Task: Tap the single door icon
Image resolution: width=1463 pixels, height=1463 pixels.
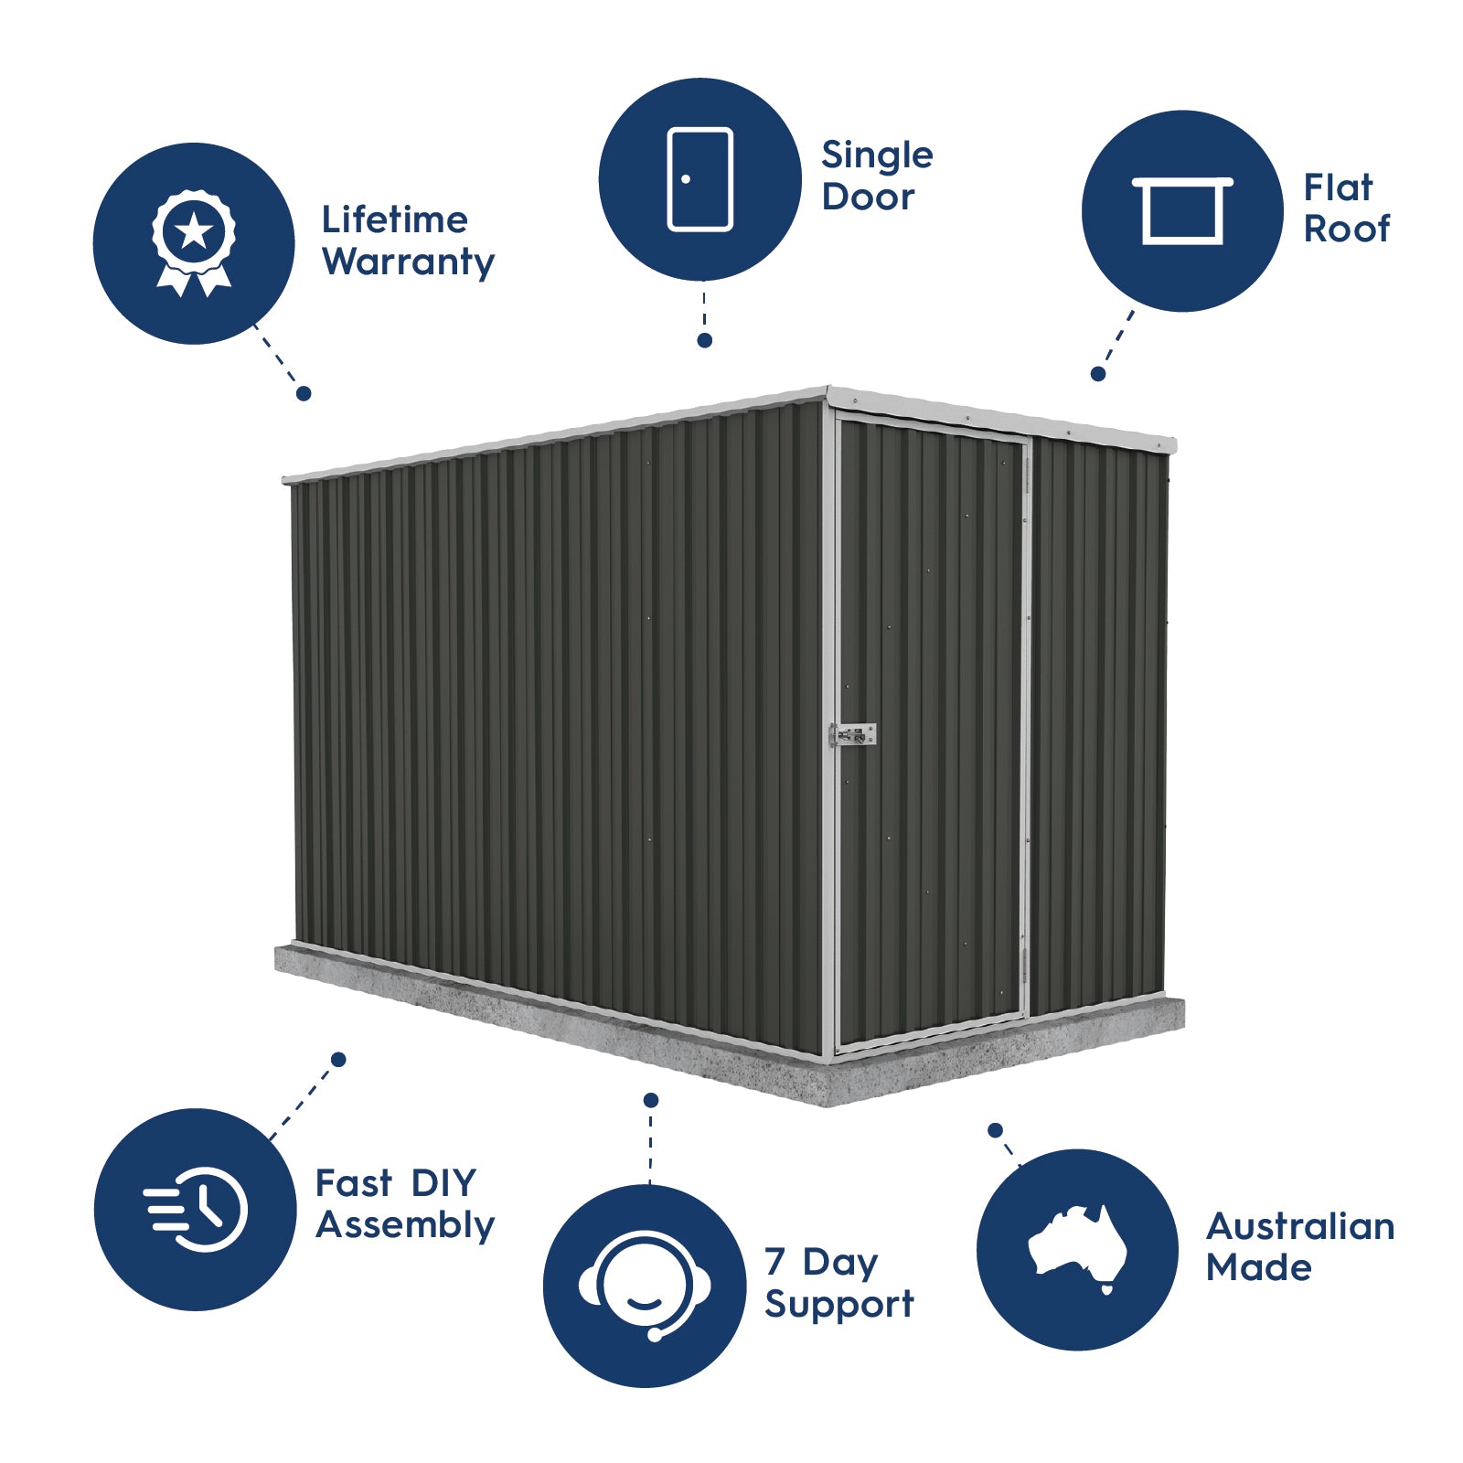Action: [x=700, y=179]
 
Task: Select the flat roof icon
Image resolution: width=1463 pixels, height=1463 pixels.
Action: [x=1182, y=210]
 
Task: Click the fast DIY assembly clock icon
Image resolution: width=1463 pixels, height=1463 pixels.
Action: [x=196, y=1209]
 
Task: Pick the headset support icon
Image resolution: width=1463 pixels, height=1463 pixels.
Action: [x=645, y=1285]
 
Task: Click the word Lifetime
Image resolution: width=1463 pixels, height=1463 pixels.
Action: [x=394, y=219]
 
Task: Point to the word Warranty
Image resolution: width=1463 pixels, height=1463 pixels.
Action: [x=408, y=262]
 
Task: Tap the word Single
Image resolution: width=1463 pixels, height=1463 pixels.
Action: [x=877, y=156]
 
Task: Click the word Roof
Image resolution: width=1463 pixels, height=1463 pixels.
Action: [x=1346, y=229]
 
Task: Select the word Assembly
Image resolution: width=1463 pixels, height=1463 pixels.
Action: [x=405, y=1225]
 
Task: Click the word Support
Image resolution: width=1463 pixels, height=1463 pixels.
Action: [x=838, y=1304]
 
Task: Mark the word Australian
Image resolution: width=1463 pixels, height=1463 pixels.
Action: [x=1299, y=1226]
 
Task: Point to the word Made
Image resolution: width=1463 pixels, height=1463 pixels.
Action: [x=1258, y=1267]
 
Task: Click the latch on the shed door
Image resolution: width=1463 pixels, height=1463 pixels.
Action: [x=852, y=734]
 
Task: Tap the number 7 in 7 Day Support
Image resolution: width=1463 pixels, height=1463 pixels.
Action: [x=774, y=1261]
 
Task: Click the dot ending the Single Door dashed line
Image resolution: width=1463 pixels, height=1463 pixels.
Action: [x=704, y=340]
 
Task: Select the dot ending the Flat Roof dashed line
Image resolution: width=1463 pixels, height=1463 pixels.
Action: [x=1098, y=374]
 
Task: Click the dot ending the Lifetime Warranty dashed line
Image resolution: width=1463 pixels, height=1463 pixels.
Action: [x=304, y=393]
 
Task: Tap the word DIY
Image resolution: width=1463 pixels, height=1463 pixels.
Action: [x=443, y=1183]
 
